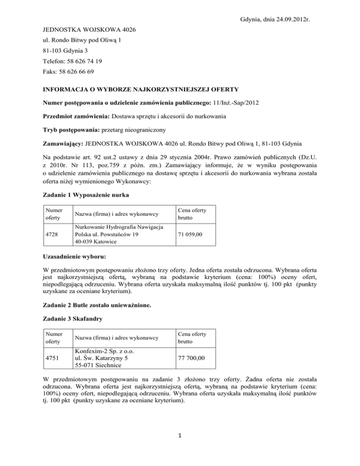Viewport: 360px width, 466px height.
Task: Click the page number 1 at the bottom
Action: [x=180, y=447]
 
